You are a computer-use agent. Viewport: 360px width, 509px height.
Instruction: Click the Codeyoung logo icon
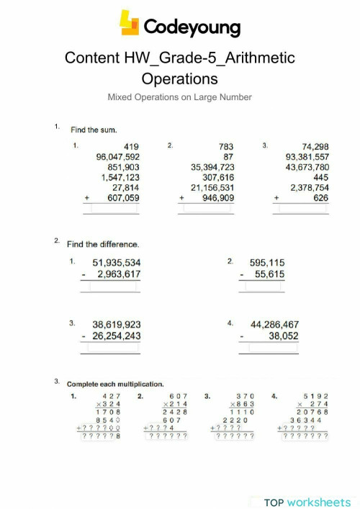pyautogui.click(x=130, y=24)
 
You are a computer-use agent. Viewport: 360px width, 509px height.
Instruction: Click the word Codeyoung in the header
pyautogui.click(x=192, y=27)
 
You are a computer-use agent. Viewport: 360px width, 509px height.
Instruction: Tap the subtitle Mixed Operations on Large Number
pyautogui.click(x=179, y=96)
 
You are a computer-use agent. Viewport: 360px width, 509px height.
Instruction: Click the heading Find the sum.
pyautogui.click(x=90, y=130)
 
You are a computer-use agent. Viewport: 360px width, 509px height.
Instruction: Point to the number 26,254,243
pyautogui.click(x=112, y=335)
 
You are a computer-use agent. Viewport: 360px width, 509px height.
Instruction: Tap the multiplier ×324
pyautogui.click(x=108, y=405)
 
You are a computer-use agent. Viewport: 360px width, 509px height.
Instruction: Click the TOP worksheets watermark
pyautogui.click(x=307, y=501)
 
